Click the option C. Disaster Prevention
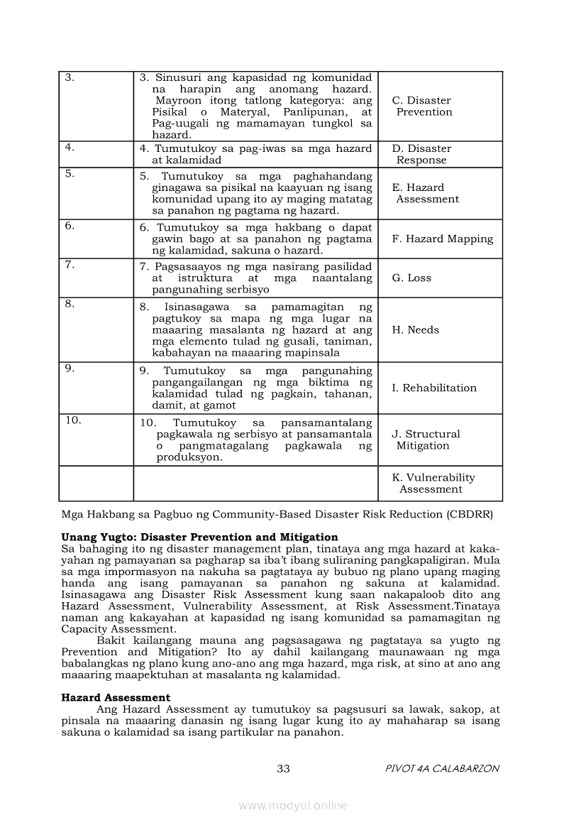[x=421, y=107]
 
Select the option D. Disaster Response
[x=421, y=154]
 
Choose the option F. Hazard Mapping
[x=442, y=239]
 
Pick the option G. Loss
[x=411, y=278]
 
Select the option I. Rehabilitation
[x=434, y=388]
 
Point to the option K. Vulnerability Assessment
[x=433, y=484]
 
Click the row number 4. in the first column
[x=70, y=148]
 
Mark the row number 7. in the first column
[x=70, y=265]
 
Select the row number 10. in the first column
[x=73, y=420]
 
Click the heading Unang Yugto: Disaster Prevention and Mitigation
[x=199, y=537]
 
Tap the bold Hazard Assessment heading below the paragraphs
[x=116, y=698]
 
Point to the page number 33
[x=283, y=769]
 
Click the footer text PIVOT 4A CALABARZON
[x=442, y=769]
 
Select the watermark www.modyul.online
[x=293, y=806]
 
